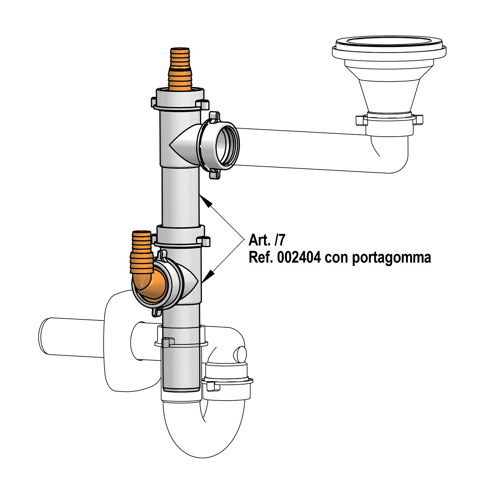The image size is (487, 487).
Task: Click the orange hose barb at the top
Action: click(180, 69)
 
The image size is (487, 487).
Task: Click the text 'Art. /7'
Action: click(267, 240)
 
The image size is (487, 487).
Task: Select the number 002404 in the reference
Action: click(299, 257)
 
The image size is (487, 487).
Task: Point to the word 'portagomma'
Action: click(391, 258)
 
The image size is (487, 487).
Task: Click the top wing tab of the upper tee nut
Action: click(214, 117)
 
